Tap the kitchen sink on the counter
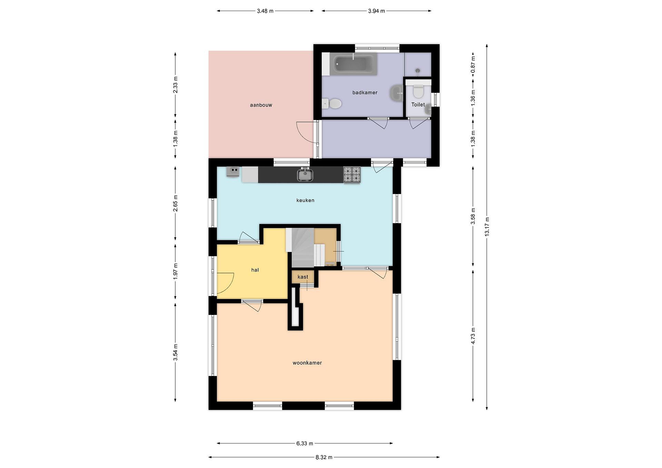(305, 175)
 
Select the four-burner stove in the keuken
(352, 175)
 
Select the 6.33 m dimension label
(305, 443)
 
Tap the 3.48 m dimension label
(265, 11)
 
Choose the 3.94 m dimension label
(377, 11)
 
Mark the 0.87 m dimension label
(473, 65)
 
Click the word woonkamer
(307, 363)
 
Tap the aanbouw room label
(261, 105)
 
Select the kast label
(303, 277)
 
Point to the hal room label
(255, 270)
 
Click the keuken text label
(305, 200)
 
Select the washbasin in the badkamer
(397, 93)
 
